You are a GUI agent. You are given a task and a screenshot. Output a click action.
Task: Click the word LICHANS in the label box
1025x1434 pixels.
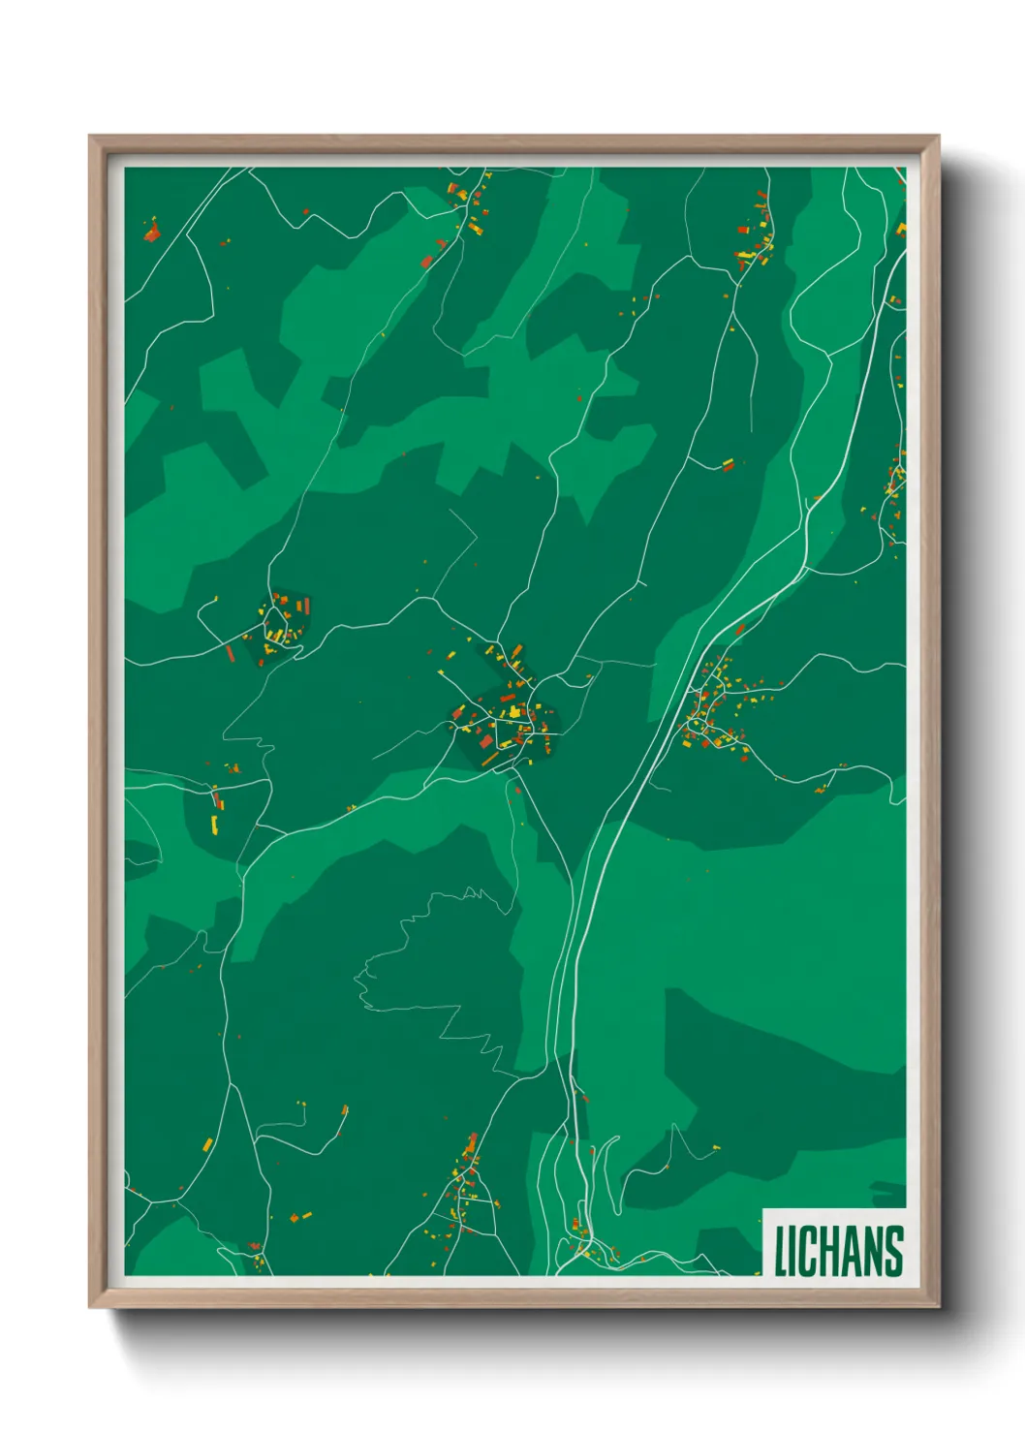coord(838,1251)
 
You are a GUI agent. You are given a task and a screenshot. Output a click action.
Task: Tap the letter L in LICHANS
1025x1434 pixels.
coord(779,1251)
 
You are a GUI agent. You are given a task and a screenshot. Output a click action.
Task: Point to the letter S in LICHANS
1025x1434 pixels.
coord(893,1251)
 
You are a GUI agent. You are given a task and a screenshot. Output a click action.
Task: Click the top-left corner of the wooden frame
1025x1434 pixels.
coord(90,137)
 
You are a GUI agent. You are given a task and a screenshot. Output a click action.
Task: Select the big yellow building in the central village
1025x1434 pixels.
coord(513,713)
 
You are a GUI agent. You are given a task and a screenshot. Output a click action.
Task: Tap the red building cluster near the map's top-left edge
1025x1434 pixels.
coord(151,232)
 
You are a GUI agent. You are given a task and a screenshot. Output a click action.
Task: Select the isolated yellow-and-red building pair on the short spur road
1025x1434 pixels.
coord(728,464)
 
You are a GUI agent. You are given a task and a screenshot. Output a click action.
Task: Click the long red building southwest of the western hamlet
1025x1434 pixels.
coord(231,653)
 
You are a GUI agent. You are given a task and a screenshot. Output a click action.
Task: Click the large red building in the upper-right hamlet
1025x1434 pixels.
coord(743,231)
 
